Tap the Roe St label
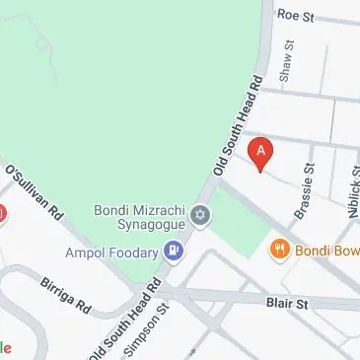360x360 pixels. tap(296, 16)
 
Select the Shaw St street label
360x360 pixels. tap(288, 61)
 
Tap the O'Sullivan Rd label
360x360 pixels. tap(34, 191)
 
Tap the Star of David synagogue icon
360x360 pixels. tap(201, 215)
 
